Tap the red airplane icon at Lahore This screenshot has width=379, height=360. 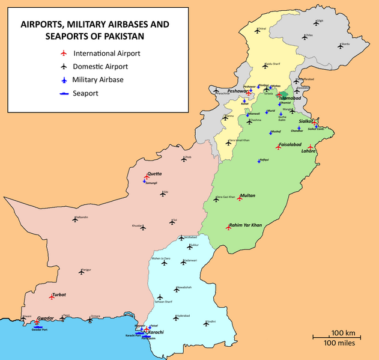[310, 147]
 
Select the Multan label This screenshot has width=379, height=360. [247, 196]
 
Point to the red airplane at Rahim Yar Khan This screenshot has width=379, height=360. [228, 228]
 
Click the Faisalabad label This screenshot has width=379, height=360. [291, 145]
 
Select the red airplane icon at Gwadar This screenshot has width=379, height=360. [26, 322]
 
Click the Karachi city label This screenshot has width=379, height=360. [156, 332]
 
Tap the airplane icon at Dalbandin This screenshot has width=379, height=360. [75, 220]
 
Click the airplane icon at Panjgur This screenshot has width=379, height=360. [82, 272]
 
